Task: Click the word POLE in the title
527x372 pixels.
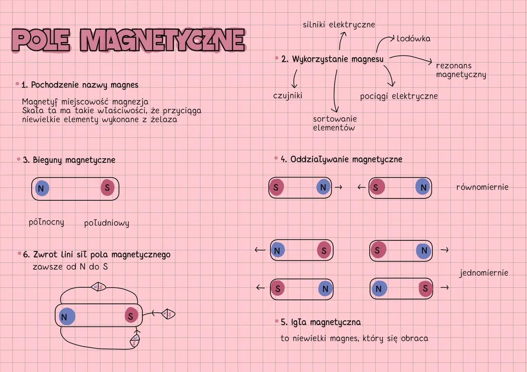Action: coord(41,40)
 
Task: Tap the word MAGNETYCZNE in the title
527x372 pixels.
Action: coord(162,40)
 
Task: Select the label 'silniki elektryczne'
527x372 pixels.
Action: coord(339,25)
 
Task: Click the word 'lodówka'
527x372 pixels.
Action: coord(414,39)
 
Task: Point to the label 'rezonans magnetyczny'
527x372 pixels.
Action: coord(461,70)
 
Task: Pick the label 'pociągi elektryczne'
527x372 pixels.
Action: coord(399,96)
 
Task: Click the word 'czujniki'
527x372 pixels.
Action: coord(288,95)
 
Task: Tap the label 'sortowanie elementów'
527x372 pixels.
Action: coord(335,123)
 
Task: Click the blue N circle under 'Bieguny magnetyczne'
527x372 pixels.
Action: coord(42,188)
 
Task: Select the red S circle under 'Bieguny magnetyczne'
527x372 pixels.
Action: coord(107,188)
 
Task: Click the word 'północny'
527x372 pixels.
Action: coord(46,222)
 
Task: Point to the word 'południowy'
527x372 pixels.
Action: coord(107,223)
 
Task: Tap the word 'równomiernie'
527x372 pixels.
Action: coord(482,187)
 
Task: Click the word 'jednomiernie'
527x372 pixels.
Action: coord(484,273)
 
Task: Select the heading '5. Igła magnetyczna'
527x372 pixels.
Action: coord(320,322)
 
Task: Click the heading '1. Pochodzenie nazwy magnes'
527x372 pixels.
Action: coord(80,85)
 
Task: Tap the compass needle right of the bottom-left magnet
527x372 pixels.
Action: coord(168,314)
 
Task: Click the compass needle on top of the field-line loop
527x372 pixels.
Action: coord(98,287)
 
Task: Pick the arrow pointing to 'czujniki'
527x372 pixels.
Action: coord(295,79)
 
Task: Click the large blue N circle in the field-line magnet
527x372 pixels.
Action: coord(66,317)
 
